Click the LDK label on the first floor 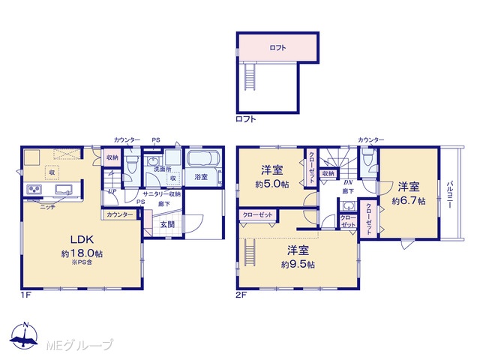[x=82, y=239]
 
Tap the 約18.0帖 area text [x=82, y=253]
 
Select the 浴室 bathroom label [x=201, y=177]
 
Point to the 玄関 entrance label [x=167, y=224]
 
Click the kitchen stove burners [x=34, y=189]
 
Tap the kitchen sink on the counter [x=64, y=189]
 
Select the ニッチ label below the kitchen [x=48, y=207]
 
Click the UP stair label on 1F [x=112, y=191]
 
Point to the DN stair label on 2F [x=348, y=182]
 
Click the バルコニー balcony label [x=450, y=194]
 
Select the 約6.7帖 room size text [x=409, y=201]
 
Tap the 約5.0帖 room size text [x=272, y=184]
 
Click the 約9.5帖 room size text [x=298, y=264]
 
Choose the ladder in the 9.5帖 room [x=250, y=253]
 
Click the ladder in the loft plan [x=250, y=76]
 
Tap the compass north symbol [x=24, y=336]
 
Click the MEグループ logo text [x=80, y=345]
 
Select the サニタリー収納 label [x=162, y=194]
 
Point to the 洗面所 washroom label [x=163, y=169]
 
